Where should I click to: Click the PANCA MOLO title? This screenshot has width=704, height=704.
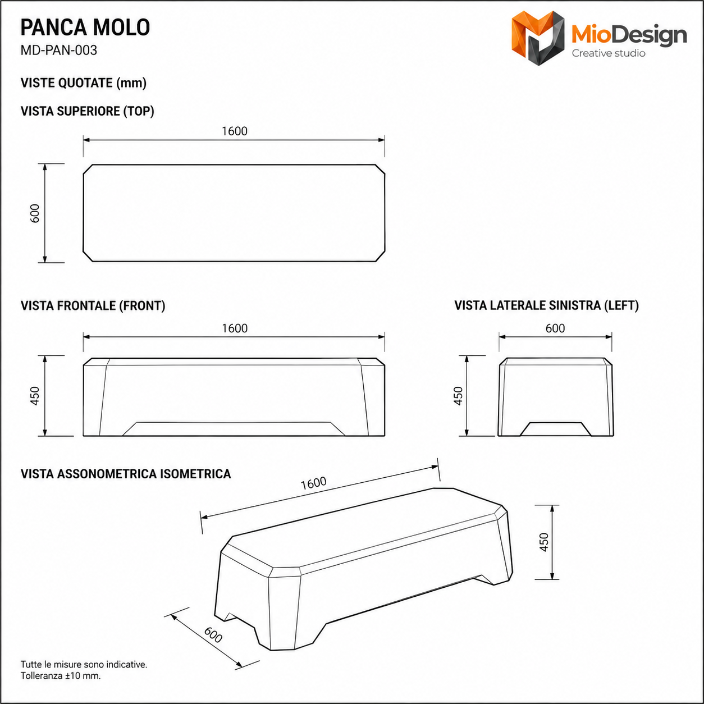point(85,28)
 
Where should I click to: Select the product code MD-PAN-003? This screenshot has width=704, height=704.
point(59,50)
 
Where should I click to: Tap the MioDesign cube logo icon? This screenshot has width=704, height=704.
point(538,38)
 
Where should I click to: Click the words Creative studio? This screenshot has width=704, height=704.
point(609,53)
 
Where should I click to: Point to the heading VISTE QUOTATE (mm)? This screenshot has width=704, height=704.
point(84,83)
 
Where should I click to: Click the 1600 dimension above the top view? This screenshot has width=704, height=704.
point(235,131)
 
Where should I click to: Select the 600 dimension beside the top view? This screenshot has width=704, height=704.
point(35,213)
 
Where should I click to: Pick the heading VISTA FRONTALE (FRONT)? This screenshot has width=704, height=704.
point(93,306)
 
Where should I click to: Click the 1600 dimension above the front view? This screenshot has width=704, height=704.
point(235,328)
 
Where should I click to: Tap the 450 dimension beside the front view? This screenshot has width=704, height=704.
point(35,396)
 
